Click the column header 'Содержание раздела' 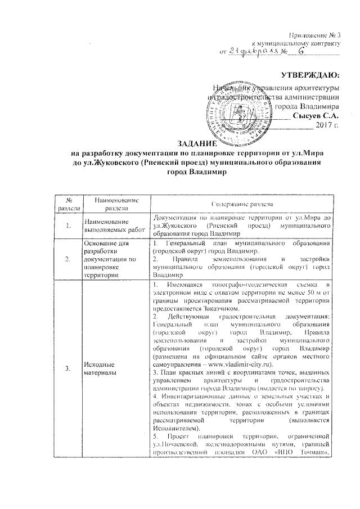tap(242, 204)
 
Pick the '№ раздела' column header tap(68, 204)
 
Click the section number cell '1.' tap(68, 226)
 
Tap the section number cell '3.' tap(68, 368)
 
